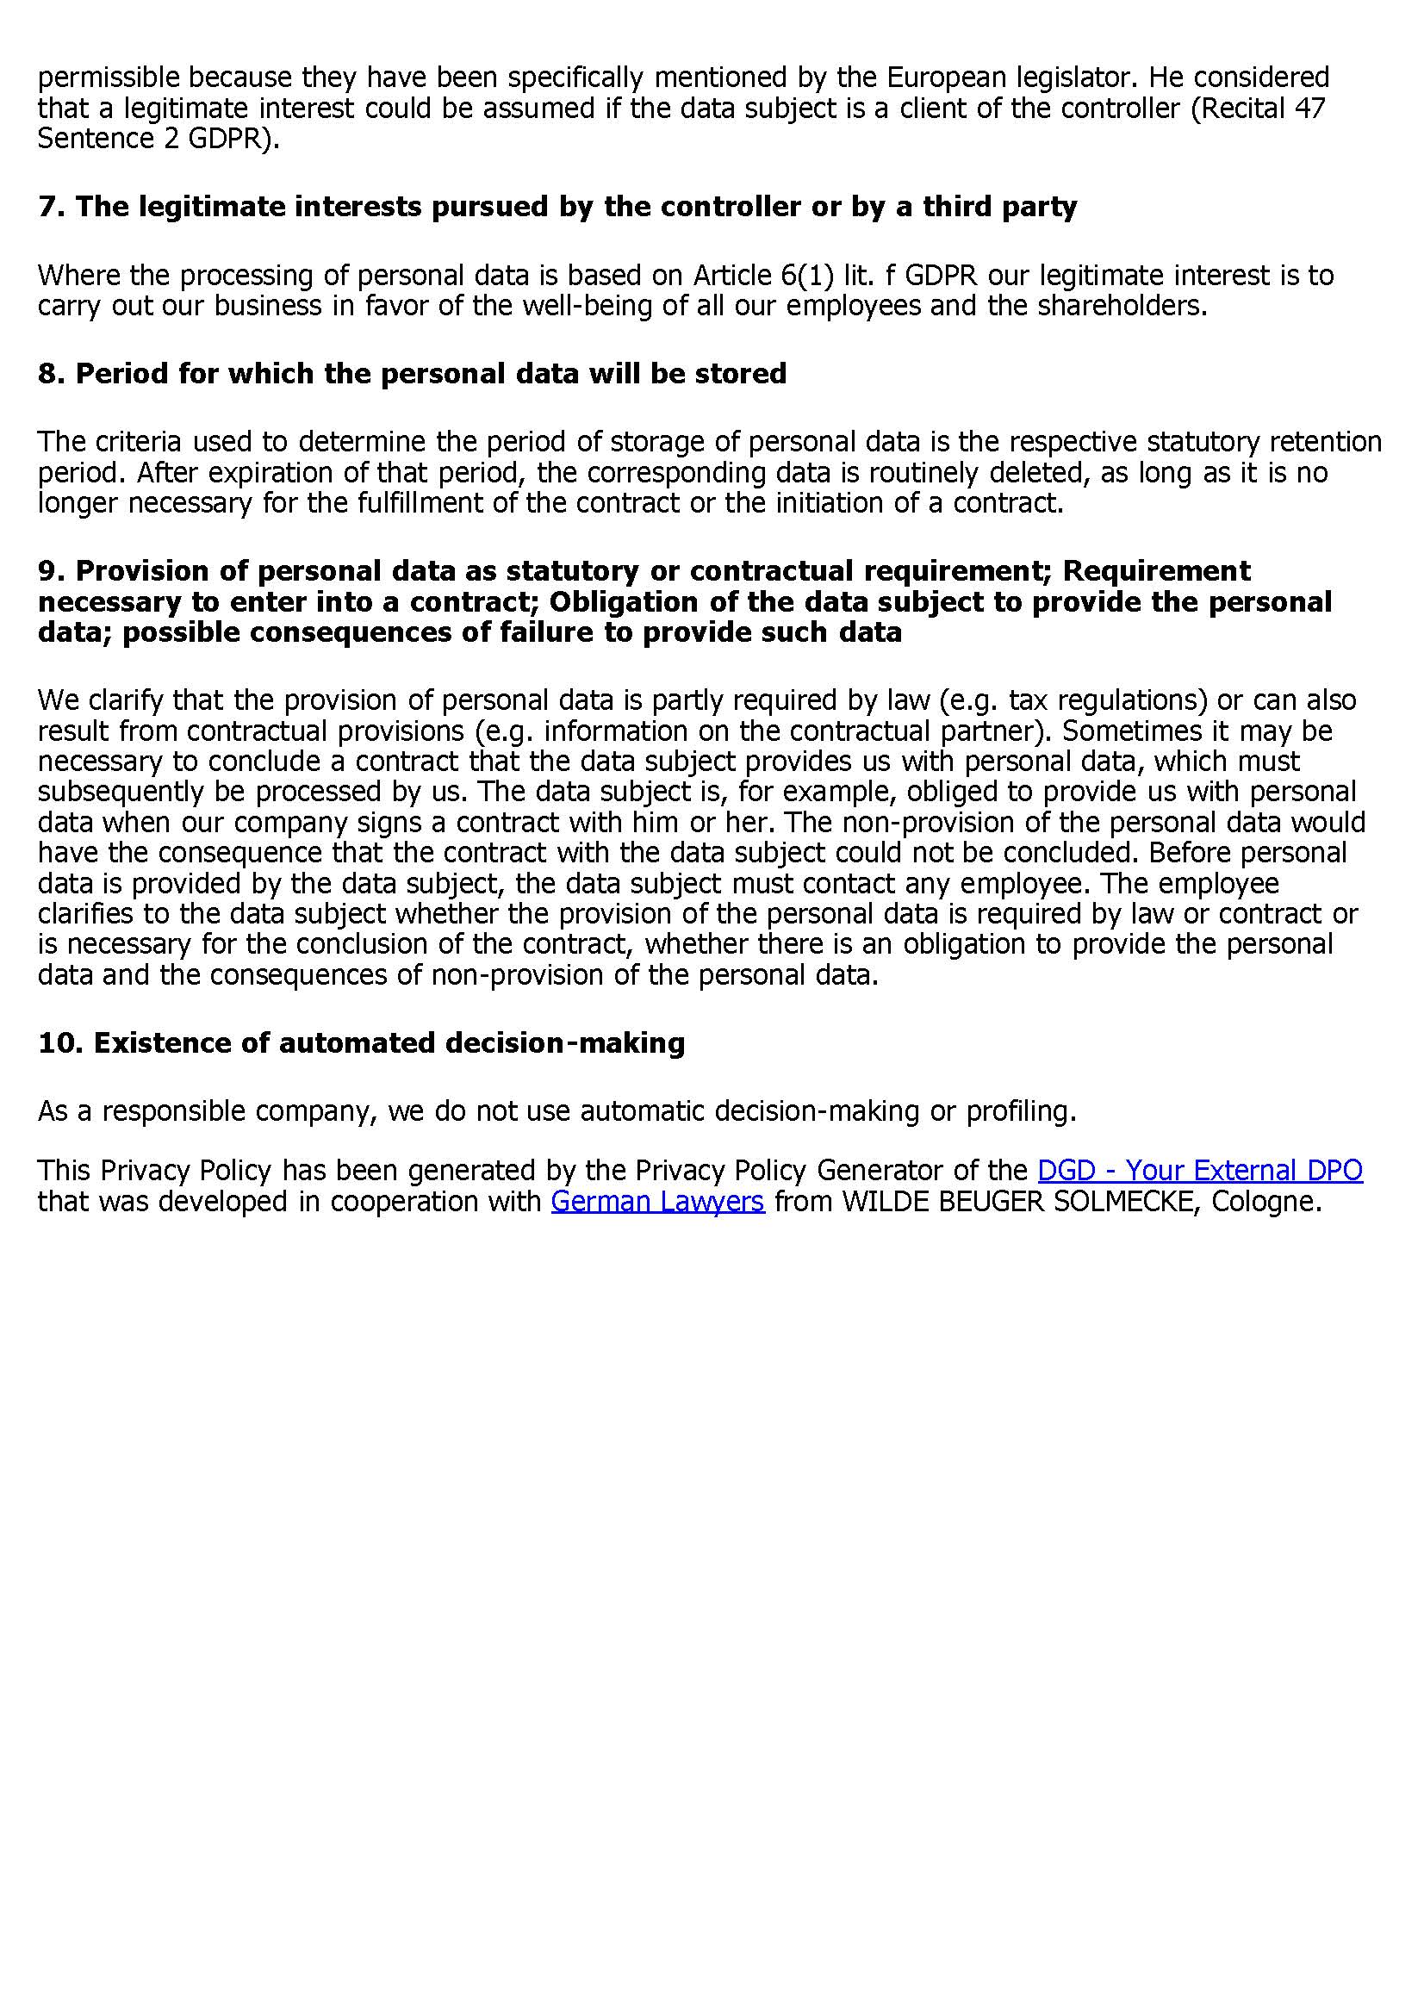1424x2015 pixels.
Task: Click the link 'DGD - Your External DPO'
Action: click(1199, 1171)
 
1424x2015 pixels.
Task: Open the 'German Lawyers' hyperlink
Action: click(657, 1201)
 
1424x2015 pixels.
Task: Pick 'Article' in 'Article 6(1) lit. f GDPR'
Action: click(730, 276)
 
